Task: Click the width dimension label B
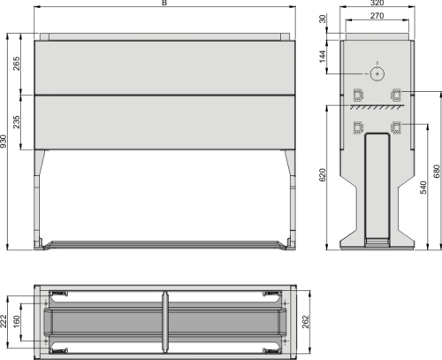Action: [x=164, y=4]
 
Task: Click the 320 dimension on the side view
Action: [x=377, y=4]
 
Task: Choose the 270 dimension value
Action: [x=377, y=16]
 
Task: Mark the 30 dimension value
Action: [x=324, y=20]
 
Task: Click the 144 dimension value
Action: [x=325, y=56]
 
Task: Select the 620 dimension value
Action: [x=325, y=177]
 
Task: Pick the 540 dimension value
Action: [x=423, y=188]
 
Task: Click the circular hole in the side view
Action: [x=377, y=74]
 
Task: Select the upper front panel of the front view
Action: [x=164, y=67]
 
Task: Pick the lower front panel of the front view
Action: [x=164, y=121]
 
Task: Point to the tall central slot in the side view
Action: [x=377, y=186]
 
